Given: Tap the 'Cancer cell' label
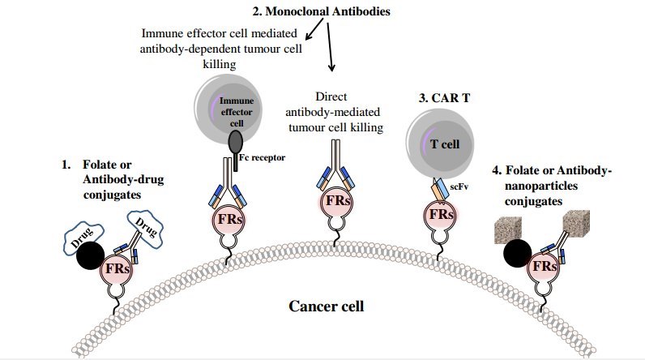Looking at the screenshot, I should (329, 307).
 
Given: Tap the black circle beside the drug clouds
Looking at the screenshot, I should (91, 257).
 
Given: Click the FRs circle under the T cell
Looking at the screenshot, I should (441, 215).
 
